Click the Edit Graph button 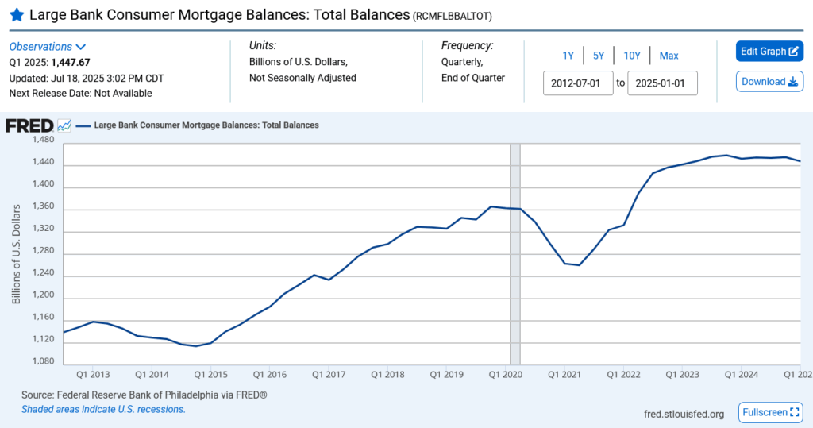(x=769, y=52)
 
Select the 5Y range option (x=599, y=56)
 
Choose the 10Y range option (x=632, y=56)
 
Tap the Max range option (x=669, y=56)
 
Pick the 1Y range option (x=568, y=56)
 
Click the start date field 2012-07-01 (x=578, y=83)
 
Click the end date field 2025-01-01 (x=662, y=83)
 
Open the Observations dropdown (x=48, y=47)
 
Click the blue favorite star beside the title (x=16, y=15)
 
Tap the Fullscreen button (x=770, y=413)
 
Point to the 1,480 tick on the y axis (x=43, y=141)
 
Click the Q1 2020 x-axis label (x=504, y=374)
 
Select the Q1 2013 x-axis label (x=93, y=374)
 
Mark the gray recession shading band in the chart (x=514, y=254)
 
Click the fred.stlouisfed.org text (x=684, y=414)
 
